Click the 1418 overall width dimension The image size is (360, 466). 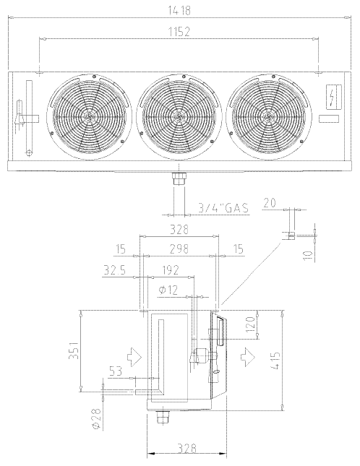point(179,10)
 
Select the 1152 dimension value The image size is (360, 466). point(179,32)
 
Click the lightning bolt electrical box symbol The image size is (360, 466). point(333,96)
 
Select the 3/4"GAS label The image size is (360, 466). point(223,208)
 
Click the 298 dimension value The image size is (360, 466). point(179,249)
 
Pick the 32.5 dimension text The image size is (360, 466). point(115,270)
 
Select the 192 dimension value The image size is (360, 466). point(171,270)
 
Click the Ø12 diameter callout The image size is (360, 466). point(168,290)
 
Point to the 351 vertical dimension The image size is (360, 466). point(74,350)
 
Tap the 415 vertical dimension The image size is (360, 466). point(275,361)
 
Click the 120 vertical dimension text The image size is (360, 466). point(250,324)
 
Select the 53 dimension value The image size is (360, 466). point(116,371)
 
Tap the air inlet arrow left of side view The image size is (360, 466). point(134,355)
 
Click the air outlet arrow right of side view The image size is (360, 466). point(247,355)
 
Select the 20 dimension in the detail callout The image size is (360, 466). point(270,203)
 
